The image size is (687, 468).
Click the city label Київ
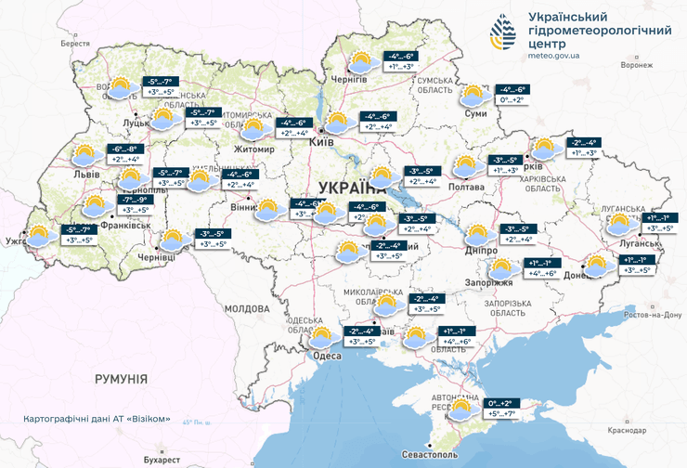tap(321, 142)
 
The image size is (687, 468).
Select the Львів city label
tap(86, 174)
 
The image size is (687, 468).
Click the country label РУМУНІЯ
tap(121, 379)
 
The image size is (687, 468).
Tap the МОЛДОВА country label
tap(246, 307)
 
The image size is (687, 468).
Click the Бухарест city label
tap(162, 459)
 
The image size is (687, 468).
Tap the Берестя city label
tap(75, 44)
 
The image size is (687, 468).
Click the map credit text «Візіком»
tap(149, 419)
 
